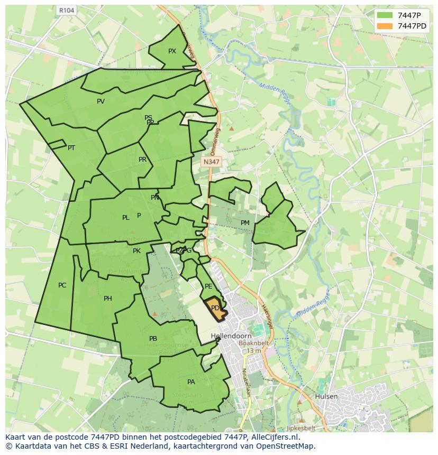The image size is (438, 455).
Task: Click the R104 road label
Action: tap(67, 10)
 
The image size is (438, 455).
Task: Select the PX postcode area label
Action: tap(172, 51)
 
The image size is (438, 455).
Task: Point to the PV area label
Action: tap(101, 101)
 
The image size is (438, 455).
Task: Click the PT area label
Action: tap(71, 148)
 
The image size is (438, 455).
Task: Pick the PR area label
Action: tap(142, 160)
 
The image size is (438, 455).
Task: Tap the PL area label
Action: tap(125, 218)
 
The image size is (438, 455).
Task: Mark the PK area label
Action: tap(136, 251)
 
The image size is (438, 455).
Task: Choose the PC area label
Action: tap(62, 285)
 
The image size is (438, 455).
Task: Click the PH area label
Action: tap(108, 299)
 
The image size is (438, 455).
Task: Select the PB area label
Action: tap(153, 339)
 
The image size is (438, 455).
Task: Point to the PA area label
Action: tap(191, 382)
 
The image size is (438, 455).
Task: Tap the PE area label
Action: tap(208, 286)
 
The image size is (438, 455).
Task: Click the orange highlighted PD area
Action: tap(216, 309)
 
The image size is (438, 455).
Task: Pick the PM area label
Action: tap(245, 223)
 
